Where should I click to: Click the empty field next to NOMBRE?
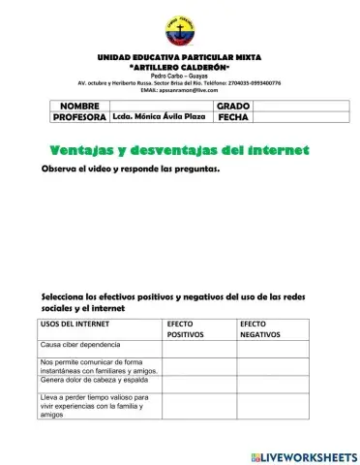click(x=160, y=104)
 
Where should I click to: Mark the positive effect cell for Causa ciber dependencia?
click(x=199, y=346)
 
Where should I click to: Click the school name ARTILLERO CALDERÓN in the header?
click(x=179, y=66)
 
